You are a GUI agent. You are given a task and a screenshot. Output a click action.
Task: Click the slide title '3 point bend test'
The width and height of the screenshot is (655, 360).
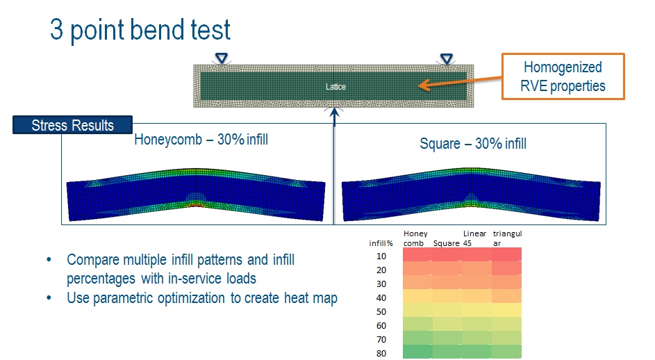pyautogui.click(x=140, y=30)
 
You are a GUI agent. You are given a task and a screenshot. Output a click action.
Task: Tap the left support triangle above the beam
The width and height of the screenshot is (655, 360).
pyautogui.click(x=222, y=58)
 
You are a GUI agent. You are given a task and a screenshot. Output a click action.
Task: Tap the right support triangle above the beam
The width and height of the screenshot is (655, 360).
pyautogui.click(x=447, y=58)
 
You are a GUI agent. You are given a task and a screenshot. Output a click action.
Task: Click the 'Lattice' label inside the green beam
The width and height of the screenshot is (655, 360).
pyautogui.click(x=336, y=87)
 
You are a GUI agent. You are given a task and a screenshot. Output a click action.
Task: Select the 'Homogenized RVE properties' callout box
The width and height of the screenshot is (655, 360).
pyautogui.click(x=563, y=76)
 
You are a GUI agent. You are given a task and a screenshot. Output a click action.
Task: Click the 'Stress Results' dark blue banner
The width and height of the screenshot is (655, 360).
pyautogui.click(x=73, y=125)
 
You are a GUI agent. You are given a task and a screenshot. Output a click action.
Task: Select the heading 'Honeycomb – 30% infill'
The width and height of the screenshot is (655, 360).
pyautogui.click(x=201, y=139)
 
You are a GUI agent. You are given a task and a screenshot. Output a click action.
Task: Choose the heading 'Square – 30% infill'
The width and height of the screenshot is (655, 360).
pyautogui.click(x=473, y=144)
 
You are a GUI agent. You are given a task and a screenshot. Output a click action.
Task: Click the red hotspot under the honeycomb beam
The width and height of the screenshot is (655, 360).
pyautogui.click(x=197, y=205)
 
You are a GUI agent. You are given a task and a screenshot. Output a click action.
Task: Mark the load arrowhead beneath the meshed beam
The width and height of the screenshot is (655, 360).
pyautogui.click(x=334, y=112)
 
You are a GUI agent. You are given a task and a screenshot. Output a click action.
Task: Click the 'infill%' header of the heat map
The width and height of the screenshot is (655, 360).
pyautogui.click(x=381, y=243)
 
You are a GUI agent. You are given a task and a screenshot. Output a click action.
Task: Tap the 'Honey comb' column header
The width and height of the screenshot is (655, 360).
pyautogui.click(x=415, y=238)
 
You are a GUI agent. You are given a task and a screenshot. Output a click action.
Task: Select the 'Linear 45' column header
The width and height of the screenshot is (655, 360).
pyautogui.click(x=474, y=238)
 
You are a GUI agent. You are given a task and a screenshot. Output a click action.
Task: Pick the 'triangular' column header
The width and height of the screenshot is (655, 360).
pyautogui.click(x=507, y=238)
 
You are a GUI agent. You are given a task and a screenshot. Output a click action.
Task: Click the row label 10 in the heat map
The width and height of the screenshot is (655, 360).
pyautogui.click(x=381, y=256)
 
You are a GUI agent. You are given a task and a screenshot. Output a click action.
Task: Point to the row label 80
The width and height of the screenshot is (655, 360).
pyautogui.click(x=381, y=353)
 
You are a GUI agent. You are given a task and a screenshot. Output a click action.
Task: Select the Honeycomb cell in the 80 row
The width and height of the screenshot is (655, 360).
pyautogui.click(x=417, y=352)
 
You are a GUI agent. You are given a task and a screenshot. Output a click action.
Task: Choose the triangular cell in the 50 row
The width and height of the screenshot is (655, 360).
pyautogui.click(x=507, y=310)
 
